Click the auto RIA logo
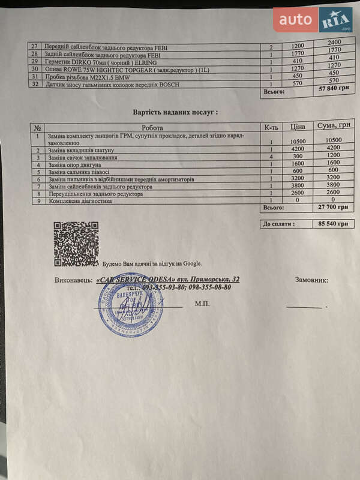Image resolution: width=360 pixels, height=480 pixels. [x=313, y=20]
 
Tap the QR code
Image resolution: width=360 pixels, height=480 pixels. [x=76, y=244]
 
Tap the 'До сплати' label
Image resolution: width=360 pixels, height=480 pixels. [x=278, y=224]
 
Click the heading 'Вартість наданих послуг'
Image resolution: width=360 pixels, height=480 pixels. [x=175, y=112]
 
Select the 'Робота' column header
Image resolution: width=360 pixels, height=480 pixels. [x=156, y=127]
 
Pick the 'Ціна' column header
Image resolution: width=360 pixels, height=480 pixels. [x=298, y=127]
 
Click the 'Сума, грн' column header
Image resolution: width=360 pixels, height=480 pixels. [x=334, y=127]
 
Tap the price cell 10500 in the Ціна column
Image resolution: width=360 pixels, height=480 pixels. [x=298, y=140]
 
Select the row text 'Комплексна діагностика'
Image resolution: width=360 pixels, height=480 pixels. [x=79, y=201]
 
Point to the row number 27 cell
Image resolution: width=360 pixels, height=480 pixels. [x=34, y=46]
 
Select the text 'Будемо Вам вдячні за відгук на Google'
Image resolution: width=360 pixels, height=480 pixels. [x=152, y=263]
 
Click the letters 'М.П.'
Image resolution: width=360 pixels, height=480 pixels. [x=202, y=304]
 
